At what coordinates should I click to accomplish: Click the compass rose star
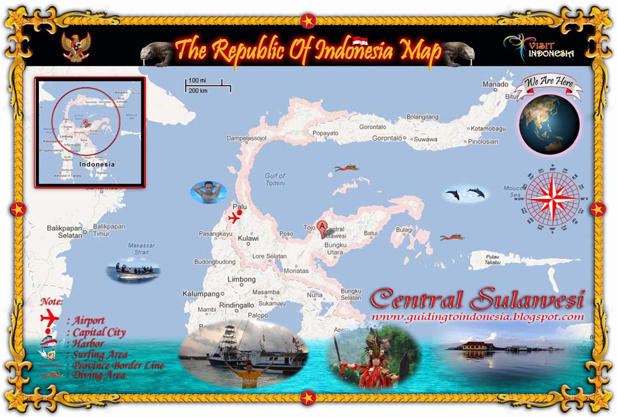click(x=553, y=200)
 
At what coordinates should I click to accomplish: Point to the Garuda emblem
click(x=77, y=48)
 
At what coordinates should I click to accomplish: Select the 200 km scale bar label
click(x=198, y=91)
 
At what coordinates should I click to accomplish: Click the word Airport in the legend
click(x=88, y=320)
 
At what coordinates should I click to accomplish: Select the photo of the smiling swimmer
click(x=209, y=192)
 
